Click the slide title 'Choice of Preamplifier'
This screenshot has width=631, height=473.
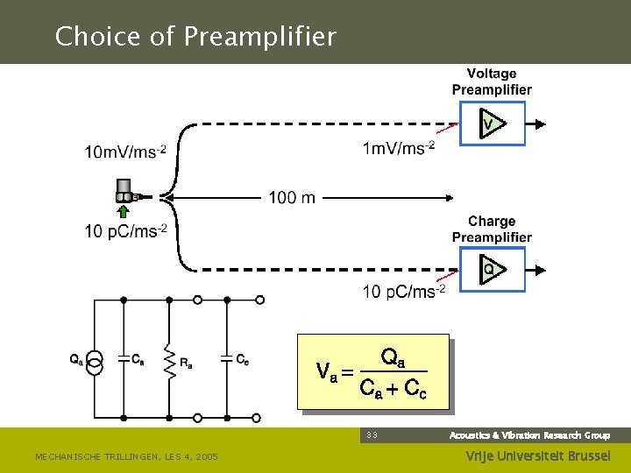(195, 37)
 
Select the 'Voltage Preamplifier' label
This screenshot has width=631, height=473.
(492, 81)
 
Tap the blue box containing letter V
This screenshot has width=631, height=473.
(492, 124)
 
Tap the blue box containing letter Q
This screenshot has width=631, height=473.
(492, 269)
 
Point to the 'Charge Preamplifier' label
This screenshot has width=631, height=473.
(492, 229)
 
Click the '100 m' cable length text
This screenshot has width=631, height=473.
(292, 198)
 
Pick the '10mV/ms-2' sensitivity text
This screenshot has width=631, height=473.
(124, 152)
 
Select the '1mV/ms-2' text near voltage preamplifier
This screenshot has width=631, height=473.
(398, 148)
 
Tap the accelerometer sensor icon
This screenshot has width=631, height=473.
(125, 191)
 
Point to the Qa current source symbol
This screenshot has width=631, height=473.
(96, 361)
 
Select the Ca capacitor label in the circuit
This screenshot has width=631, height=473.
(138, 359)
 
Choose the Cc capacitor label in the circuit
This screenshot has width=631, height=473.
(243, 359)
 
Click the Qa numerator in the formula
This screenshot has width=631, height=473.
(393, 358)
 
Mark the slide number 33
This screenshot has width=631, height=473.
(372, 435)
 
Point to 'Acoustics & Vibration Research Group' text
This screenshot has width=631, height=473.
(529, 435)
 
